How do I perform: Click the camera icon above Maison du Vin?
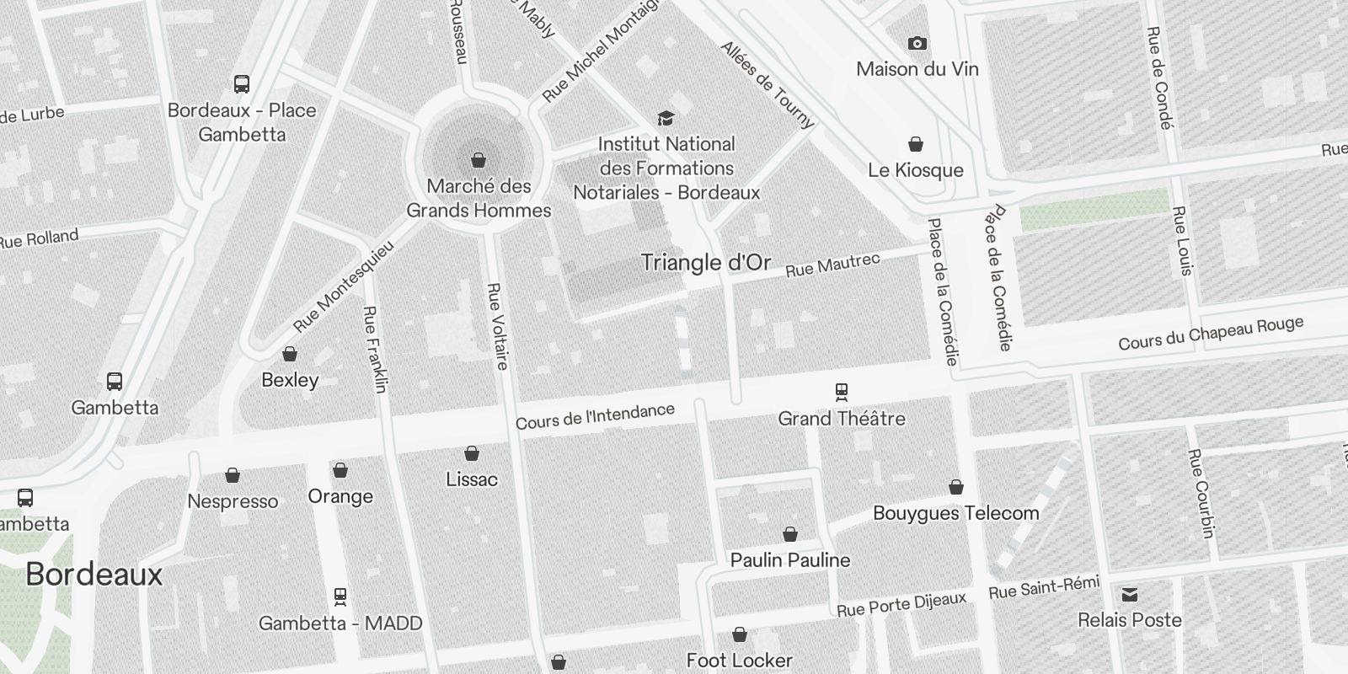917,43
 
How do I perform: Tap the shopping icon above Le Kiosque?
916,145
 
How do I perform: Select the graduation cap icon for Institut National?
666,118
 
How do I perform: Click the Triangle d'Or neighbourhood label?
705,262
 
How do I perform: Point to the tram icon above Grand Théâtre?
841,391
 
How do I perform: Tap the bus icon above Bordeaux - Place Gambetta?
242,83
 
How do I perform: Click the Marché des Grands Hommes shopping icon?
479,160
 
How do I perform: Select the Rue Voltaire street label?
498,326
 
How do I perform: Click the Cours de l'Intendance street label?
595,416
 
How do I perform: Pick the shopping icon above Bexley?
290,354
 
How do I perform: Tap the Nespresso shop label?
233,501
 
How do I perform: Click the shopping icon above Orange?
340,470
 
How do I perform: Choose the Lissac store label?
472,479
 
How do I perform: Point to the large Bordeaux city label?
94,575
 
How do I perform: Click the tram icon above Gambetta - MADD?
340,596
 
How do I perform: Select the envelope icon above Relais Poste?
1130,595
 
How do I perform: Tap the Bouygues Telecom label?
955,513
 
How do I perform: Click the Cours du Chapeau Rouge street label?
1211,333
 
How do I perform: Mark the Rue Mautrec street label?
832,265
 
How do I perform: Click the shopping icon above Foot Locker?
740,634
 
